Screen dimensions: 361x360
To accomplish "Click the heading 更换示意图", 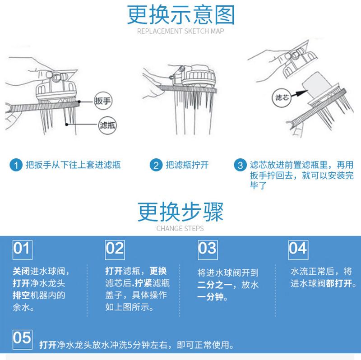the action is coord(181,15).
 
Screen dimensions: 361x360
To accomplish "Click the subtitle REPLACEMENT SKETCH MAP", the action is coord(180,31).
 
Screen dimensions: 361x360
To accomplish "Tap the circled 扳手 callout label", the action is coord(103,101).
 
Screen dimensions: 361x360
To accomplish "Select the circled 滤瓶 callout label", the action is coord(107,125).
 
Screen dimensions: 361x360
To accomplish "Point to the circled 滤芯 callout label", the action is coord(282,98).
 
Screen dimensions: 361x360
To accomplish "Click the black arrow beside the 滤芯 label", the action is coord(299,94).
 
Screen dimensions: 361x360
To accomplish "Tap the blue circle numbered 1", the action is coord(16,165).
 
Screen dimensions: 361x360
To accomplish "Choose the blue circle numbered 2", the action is coord(156,165).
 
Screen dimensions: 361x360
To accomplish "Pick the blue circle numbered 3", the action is coord(240,165).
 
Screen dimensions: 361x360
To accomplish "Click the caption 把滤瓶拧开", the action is coord(187,165).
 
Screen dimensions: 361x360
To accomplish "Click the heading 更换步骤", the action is coord(180,212).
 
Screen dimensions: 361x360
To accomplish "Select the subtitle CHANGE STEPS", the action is coord(180,229).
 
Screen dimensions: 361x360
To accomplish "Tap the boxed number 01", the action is coord(22,250).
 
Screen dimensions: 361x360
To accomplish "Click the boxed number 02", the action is coord(115,250).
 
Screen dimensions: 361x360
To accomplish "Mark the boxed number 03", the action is coord(208,250).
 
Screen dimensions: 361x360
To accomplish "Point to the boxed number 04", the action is coord(298,250).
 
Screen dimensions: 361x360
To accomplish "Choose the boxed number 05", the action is coord(22,340).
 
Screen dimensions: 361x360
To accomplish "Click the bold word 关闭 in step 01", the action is coord(21,271).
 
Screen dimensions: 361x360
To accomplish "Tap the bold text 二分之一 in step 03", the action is coord(215,285).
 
